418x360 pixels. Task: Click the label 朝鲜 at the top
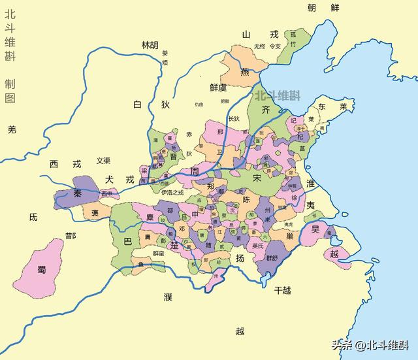tap(324, 7)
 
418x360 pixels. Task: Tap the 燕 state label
tap(244, 72)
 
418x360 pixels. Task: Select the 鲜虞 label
tap(218, 87)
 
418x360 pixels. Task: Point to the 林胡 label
tap(150, 45)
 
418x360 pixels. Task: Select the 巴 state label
tap(127, 241)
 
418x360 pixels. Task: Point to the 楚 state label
tap(174, 245)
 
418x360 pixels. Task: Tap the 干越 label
tap(282, 289)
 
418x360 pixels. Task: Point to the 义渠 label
tap(103, 160)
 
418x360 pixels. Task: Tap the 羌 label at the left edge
tap(10, 129)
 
